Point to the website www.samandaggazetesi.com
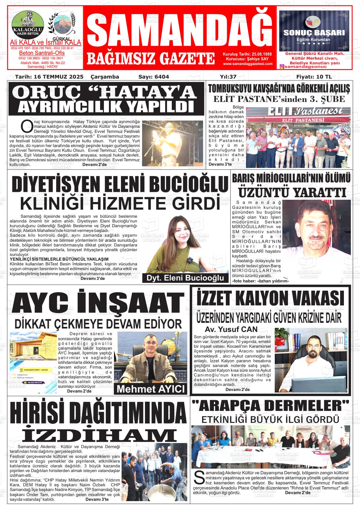[x=248, y=64]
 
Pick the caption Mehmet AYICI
[x=150, y=389]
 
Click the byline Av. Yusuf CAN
[x=231, y=329]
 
